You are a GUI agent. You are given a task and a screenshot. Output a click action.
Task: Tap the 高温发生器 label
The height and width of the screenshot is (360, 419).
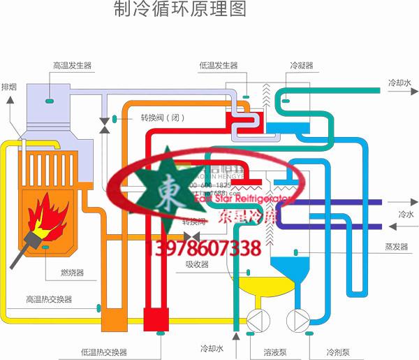tap(73, 65)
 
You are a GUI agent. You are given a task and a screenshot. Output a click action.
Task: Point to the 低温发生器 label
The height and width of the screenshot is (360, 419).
tap(219, 65)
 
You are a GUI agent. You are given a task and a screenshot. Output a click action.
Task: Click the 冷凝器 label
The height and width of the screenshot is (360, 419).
tap(302, 65)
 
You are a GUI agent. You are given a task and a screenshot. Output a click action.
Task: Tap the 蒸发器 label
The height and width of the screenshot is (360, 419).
tap(395, 247)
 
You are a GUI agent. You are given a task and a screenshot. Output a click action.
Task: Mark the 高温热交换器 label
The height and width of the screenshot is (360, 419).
tap(50, 299)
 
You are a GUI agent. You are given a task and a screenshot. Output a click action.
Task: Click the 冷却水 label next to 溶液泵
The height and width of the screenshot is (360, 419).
tap(213, 348)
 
